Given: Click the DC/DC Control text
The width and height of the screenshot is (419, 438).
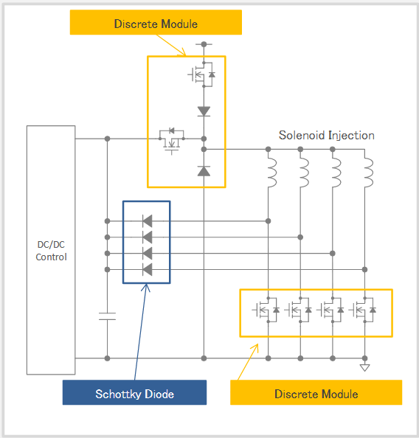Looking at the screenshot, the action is [x=51, y=251].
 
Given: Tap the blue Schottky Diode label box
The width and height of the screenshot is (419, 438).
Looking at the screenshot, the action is [x=134, y=392].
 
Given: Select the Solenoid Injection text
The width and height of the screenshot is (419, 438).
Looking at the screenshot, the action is [x=327, y=136].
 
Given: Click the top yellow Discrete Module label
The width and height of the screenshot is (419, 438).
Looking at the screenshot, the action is [x=156, y=22].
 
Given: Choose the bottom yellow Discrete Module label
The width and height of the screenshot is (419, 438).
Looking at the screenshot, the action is [x=316, y=392].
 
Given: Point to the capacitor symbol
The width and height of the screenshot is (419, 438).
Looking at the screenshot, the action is [x=108, y=316].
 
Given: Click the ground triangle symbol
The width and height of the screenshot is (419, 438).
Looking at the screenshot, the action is [x=364, y=368].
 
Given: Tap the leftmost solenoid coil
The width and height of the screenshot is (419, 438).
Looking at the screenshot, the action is [x=271, y=173].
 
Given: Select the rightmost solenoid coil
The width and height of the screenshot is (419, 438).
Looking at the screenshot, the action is [x=368, y=173].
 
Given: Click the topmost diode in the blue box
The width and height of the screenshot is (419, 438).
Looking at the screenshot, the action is [x=148, y=221].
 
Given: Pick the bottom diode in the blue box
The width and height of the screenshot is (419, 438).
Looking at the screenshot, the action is [x=148, y=270].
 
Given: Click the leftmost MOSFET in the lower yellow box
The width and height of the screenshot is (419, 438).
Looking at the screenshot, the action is [x=266, y=310].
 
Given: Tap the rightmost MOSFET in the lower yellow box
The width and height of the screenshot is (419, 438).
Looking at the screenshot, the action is [x=362, y=310].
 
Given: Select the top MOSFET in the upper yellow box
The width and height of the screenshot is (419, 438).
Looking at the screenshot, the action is [x=201, y=74].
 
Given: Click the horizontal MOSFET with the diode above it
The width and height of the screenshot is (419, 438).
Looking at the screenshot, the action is [x=172, y=142].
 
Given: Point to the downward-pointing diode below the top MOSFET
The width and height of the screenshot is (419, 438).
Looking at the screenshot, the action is [x=204, y=111].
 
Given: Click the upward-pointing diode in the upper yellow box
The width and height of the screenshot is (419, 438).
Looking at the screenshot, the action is [x=204, y=171].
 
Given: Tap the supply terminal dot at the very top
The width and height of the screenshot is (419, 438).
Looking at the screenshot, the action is [x=204, y=44].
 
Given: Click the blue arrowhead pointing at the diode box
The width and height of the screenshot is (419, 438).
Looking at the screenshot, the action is [x=145, y=288].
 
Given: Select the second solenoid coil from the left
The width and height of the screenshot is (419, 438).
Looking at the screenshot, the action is [x=304, y=173].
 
